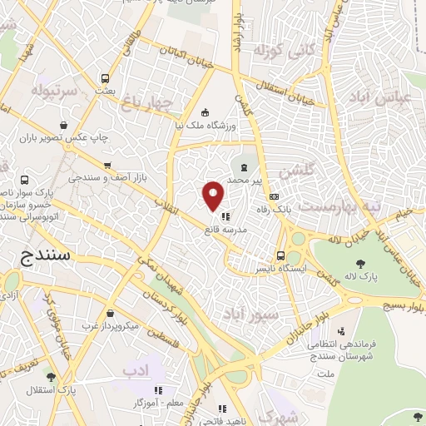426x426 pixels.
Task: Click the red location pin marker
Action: tap(213, 196)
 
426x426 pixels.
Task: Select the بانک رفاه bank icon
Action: tap(274, 196)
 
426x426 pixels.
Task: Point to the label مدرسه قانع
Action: tap(225, 228)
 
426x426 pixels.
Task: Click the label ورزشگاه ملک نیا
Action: tap(206, 125)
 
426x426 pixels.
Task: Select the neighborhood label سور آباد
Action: tap(250, 315)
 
